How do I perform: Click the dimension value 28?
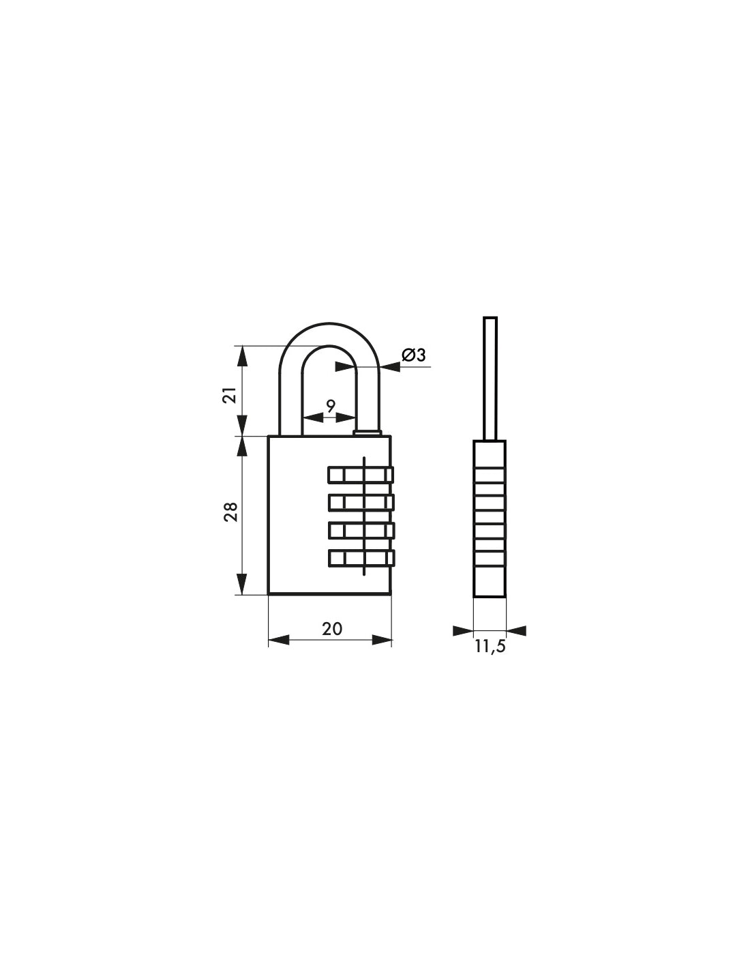point(230,512)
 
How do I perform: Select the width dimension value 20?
point(331,628)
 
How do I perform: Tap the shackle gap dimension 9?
point(330,406)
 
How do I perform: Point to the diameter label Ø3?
point(413,355)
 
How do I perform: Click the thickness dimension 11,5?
point(490,647)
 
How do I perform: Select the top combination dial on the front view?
point(361,473)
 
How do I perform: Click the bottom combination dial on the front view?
point(361,557)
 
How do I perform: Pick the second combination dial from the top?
point(361,502)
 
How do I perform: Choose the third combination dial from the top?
point(361,530)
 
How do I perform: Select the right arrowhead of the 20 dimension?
point(382,640)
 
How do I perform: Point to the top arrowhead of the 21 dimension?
point(240,355)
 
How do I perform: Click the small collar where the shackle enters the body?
point(369,432)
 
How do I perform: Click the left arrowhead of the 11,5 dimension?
point(463,630)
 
